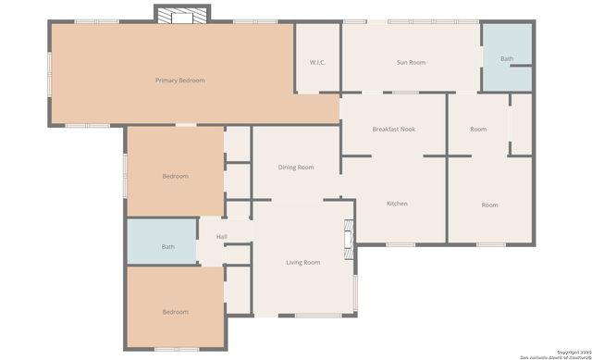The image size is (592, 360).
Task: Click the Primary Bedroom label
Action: click(179, 81)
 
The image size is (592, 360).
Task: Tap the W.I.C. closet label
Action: click(317, 62)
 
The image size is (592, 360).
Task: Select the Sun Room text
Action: click(411, 62)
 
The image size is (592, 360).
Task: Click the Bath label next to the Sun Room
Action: click(507, 58)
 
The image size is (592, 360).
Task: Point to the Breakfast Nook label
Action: click(393, 129)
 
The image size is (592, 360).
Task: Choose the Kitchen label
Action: click(397, 204)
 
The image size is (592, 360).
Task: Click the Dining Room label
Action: click(296, 168)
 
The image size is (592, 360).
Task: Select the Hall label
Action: click(222, 238)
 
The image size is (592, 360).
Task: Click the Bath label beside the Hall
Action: click(167, 247)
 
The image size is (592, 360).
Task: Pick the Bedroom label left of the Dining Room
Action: click(175, 176)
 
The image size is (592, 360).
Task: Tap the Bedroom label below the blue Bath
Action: click(175, 312)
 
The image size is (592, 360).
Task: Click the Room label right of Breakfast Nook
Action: click(478, 129)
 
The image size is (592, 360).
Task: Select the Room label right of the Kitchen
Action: click(489, 205)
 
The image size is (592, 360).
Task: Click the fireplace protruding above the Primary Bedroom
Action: click(182, 16)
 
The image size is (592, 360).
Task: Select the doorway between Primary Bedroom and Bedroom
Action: click(186, 124)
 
